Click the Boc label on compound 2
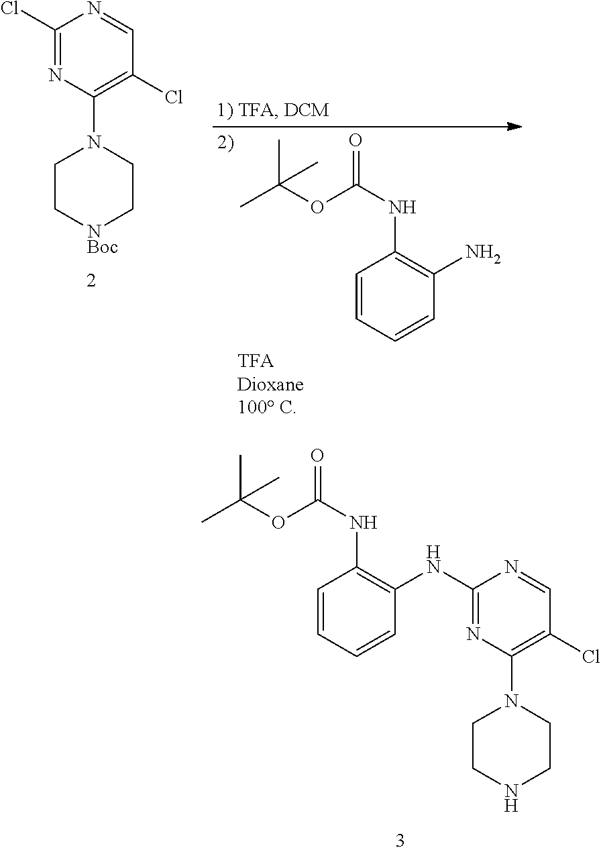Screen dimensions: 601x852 (x=103, y=248)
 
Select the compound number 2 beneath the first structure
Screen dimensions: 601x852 (x=91, y=281)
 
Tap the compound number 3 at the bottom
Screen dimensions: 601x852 (x=400, y=840)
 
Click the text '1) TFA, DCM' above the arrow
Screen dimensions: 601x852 (x=273, y=110)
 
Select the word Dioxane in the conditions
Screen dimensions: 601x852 (x=270, y=384)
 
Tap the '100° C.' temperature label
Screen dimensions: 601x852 (x=267, y=408)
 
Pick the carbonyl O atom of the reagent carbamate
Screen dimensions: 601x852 (x=356, y=140)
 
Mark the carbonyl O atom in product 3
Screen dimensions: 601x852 (x=317, y=455)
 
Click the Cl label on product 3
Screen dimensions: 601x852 (x=591, y=657)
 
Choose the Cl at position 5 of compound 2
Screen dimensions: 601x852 (x=174, y=97)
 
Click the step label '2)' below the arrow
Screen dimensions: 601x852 (x=225, y=144)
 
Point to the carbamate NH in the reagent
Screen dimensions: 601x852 (x=402, y=208)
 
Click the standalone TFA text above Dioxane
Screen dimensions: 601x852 (x=256, y=361)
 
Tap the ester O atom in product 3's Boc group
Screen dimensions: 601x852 (x=278, y=522)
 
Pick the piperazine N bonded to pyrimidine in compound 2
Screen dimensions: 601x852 (x=94, y=142)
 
